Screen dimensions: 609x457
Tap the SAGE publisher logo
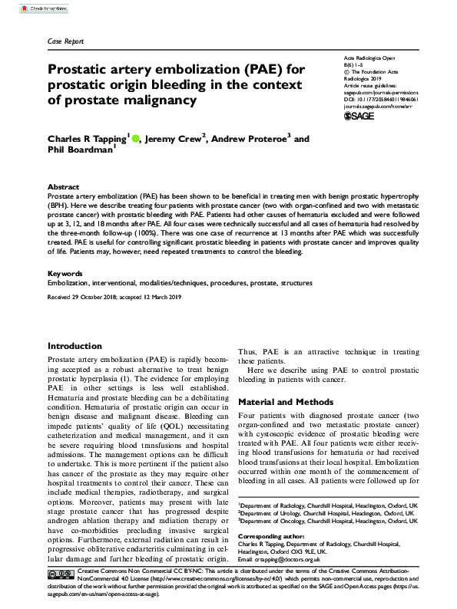(x=359, y=116)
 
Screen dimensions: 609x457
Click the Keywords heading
(x=65, y=274)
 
